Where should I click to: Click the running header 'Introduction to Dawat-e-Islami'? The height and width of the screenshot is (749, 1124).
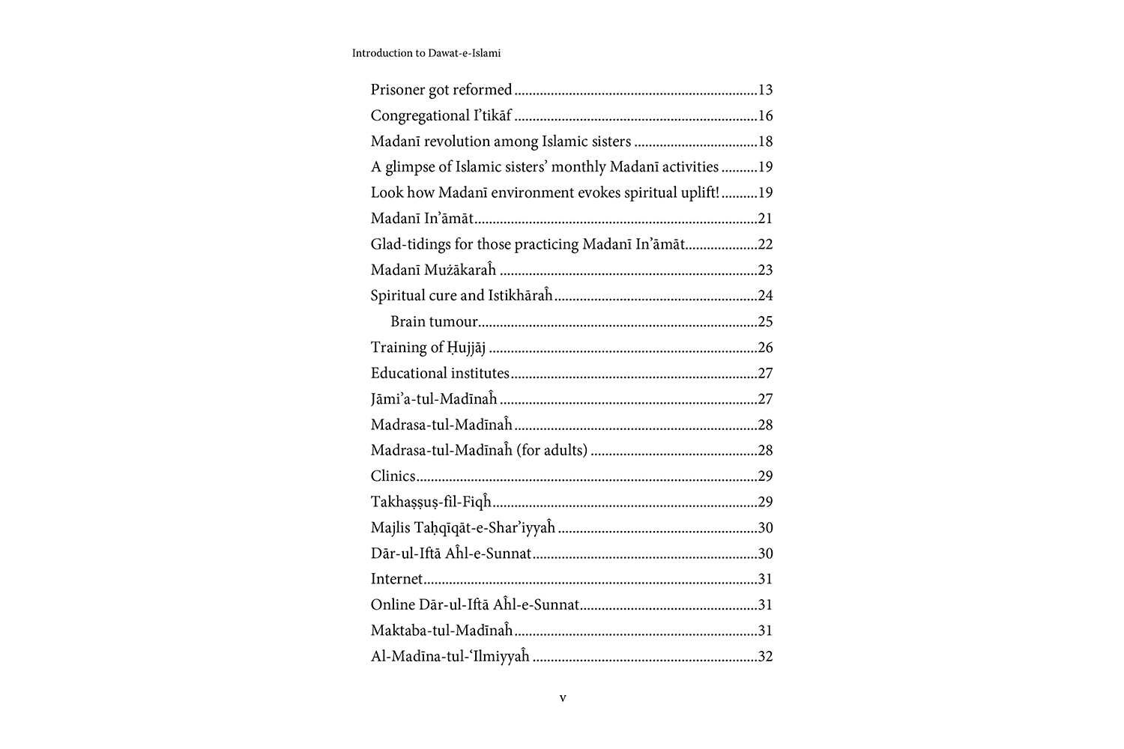pos(426,53)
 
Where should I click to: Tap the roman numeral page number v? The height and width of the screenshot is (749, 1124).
pos(563,698)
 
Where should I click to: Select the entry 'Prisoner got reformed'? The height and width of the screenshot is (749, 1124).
pos(441,90)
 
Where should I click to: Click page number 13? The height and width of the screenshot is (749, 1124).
pos(765,90)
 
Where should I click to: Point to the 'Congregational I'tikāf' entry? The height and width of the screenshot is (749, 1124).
pos(441,115)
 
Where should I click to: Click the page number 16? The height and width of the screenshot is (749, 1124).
pos(765,115)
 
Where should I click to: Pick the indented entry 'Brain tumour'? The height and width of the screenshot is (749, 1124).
pos(434,321)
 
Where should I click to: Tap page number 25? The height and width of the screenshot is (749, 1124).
pos(765,321)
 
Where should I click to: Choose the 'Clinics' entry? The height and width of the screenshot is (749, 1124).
pos(393,476)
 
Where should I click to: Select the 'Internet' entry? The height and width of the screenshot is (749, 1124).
pos(396,579)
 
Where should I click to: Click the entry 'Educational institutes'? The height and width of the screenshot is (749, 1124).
pos(440,373)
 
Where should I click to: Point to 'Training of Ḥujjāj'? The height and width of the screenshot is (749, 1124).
pos(428,348)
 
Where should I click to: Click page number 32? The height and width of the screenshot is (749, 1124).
pos(765,656)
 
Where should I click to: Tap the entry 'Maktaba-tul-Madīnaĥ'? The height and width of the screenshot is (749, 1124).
pos(441,631)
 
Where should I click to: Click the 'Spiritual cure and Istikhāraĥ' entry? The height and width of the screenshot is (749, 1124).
pos(462,295)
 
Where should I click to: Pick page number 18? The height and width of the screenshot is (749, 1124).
pos(765,142)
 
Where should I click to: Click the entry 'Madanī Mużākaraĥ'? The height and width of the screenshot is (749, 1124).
pos(433,270)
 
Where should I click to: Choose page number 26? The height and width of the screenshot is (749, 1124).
pos(765,348)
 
